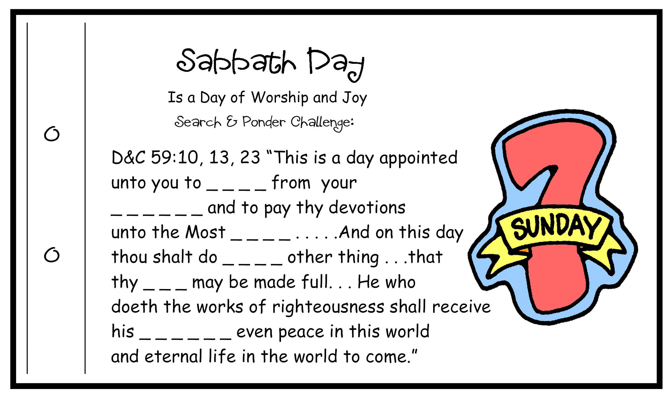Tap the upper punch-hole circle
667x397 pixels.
[52, 134]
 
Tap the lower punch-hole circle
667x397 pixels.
[52, 255]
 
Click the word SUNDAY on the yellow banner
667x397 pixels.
[555, 227]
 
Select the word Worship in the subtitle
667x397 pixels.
[280, 98]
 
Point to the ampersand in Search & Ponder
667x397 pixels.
[231, 122]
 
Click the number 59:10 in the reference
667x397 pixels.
[175, 157]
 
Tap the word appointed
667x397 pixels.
[418, 158]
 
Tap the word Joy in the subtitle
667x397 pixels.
[355, 98]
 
